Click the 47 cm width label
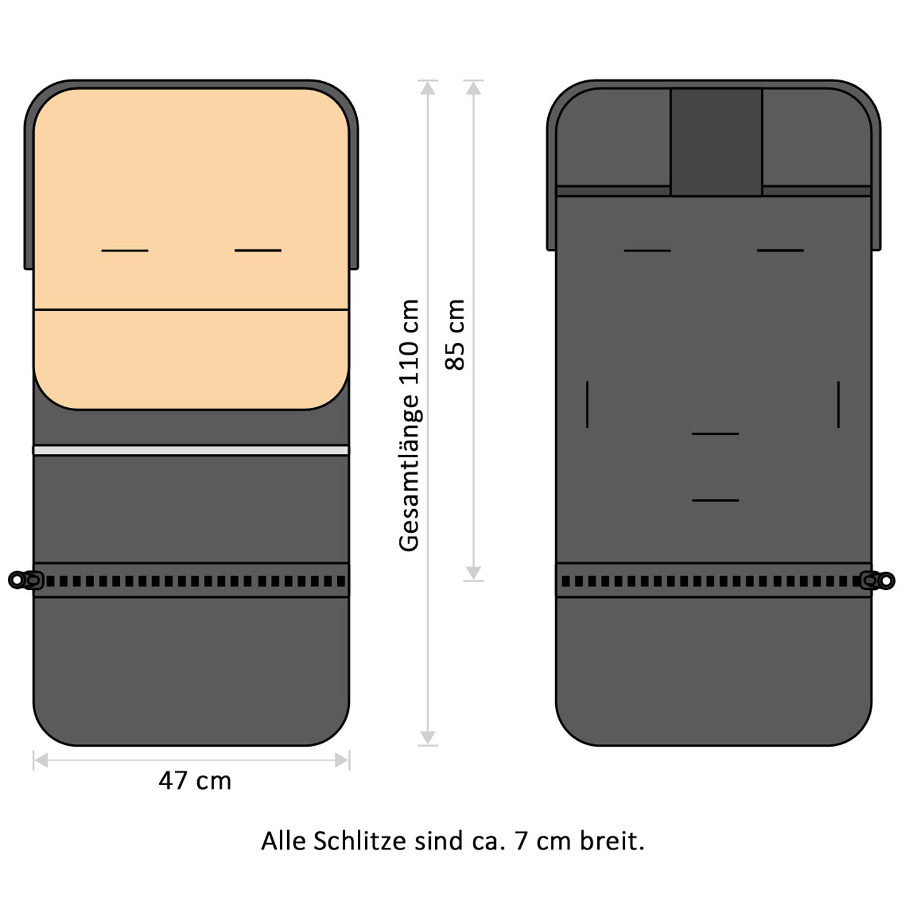click(x=195, y=781)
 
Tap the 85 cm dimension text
click(x=456, y=334)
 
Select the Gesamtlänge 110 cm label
click(x=409, y=425)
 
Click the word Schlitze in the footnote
click(x=360, y=840)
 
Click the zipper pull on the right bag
click(x=878, y=580)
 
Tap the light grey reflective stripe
click(x=191, y=450)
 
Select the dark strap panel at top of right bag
click(x=716, y=142)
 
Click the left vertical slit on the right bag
click(x=587, y=404)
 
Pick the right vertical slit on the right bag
click(x=839, y=404)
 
